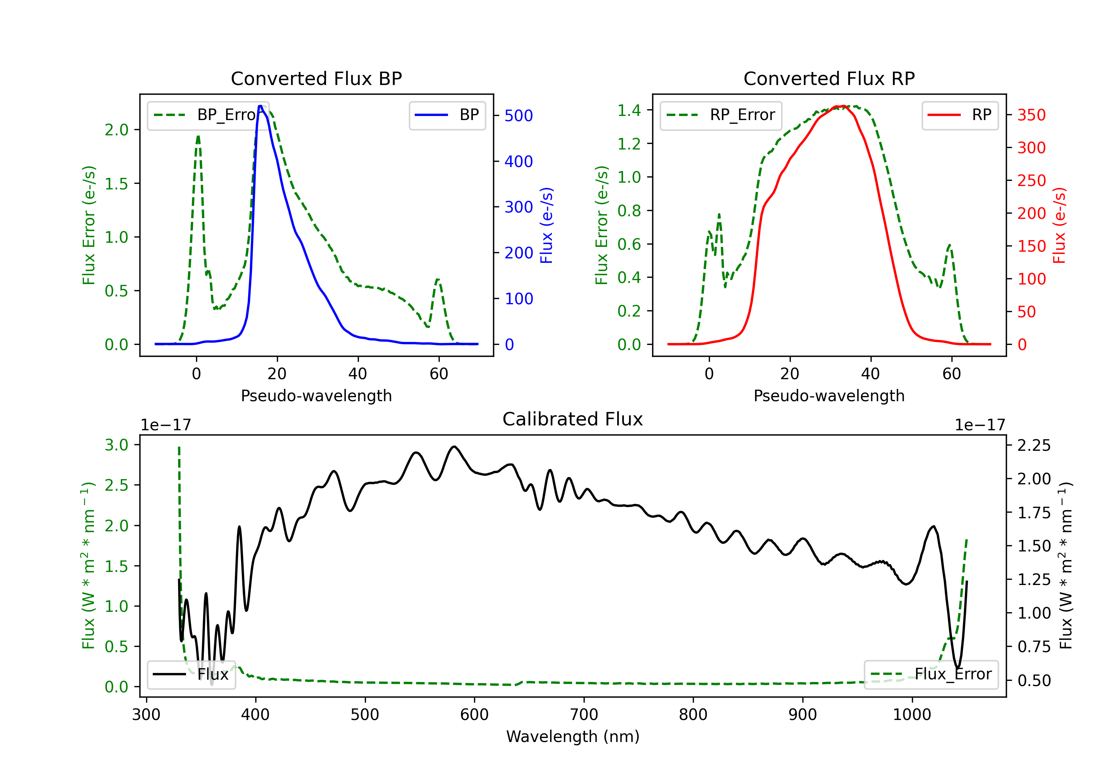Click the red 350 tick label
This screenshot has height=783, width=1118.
click(1031, 116)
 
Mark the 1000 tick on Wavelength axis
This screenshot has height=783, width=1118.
click(912, 715)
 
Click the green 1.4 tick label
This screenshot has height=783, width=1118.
click(629, 111)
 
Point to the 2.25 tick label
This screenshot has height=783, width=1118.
click(1034, 445)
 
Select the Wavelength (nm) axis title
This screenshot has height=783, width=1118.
click(573, 736)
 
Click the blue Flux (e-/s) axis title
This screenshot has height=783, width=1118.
click(547, 226)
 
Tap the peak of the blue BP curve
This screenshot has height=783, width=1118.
click(260, 106)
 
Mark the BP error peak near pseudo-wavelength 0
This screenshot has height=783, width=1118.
click(198, 136)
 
